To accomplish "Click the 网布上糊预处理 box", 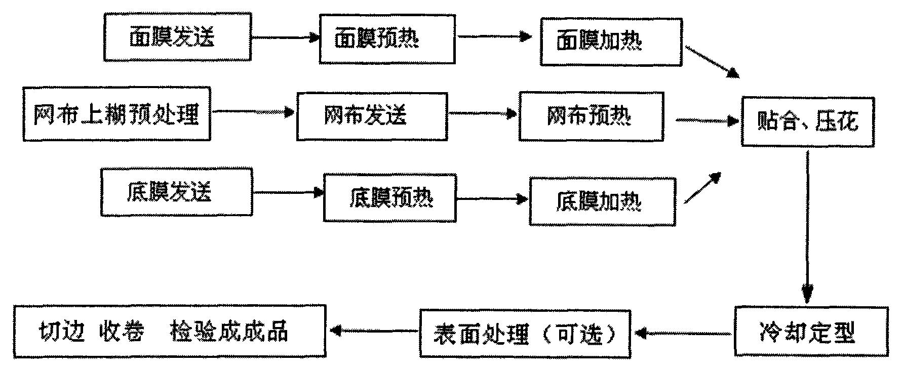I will tap(116, 114).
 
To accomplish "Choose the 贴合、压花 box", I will tap(808, 121).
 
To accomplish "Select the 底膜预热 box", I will tap(390, 198).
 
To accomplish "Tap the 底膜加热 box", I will tap(602, 201).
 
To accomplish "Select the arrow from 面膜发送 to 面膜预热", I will tap(285, 37).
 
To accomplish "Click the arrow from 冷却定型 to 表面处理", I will tap(684, 333).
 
